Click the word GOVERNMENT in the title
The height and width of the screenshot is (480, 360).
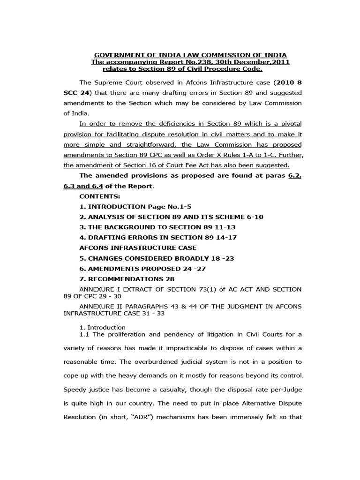pos(112,55)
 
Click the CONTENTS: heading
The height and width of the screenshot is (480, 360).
pos(99,196)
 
